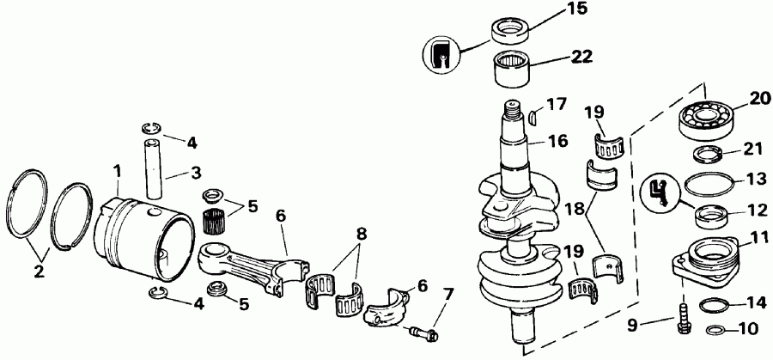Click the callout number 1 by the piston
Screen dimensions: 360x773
119,171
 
